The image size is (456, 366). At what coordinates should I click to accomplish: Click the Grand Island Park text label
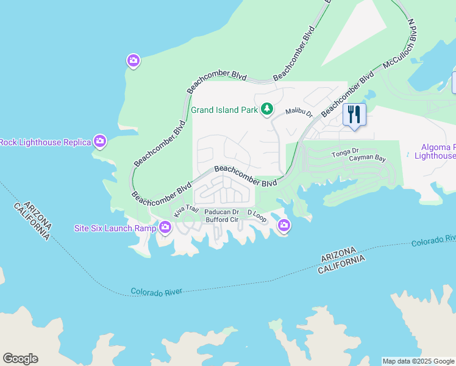pyautogui.click(x=224, y=110)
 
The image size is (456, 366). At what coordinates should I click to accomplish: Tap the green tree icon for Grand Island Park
pyautogui.click(x=266, y=109)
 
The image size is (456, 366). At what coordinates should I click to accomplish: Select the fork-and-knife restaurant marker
pyautogui.click(x=354, y=115)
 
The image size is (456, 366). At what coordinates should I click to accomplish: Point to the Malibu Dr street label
pyautogui.click(x=299, y=113)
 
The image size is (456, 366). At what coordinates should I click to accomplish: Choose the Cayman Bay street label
pyautogui.click(x=368, y=159)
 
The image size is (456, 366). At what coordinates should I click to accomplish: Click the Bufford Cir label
pyautogui.click(x=221, y=220)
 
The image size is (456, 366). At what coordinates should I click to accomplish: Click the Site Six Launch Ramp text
pyautogui.click(x=114, y=228)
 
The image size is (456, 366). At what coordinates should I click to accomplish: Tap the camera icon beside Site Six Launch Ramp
pyautogui.click(x=165, y=228)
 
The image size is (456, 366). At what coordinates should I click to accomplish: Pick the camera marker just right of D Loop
pyautogui.click(x=283, y=227)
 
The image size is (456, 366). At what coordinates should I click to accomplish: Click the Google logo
pyautogui.click(x=20, y=359)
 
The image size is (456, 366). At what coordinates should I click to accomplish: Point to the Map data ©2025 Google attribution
pyautogui.click(x=418, y=361)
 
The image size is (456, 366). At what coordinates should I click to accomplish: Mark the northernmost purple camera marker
pyautogui.click(x=134, y=60)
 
